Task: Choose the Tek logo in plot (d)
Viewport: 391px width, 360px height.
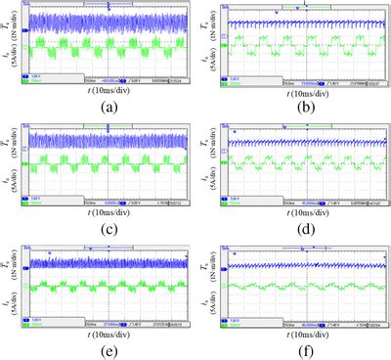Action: click(233, 124)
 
